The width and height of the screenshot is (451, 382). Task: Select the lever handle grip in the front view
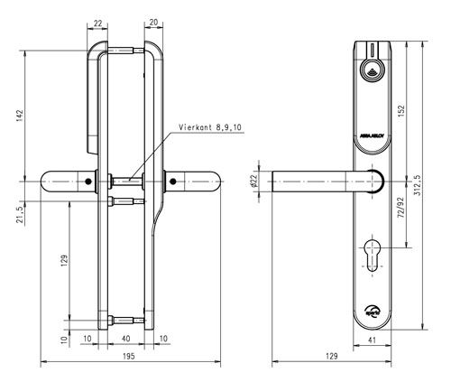coord(316,182)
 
